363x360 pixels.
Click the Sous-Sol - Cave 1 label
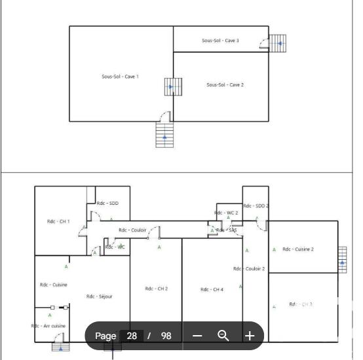(120, 77)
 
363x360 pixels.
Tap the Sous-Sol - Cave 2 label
(225, 85)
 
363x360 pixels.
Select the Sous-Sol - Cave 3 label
(220, 41)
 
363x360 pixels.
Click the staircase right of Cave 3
(278, 43)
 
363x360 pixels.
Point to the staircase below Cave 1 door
(164, 135)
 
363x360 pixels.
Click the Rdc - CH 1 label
(58, 222)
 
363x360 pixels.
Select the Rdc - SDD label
(107, 204)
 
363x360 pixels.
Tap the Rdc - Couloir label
(132, 230)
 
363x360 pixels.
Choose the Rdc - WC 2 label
(227, 213)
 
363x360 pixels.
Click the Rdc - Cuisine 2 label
(298, 249)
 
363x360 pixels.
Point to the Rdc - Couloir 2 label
(249, 269)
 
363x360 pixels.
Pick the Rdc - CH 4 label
(212, 289)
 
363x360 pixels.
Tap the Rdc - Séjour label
(100, 297)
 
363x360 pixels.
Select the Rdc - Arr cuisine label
(48, 326)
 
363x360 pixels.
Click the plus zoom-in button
(250, 336)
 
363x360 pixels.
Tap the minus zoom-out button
(197, 336)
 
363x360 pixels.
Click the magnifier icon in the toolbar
(223, 336)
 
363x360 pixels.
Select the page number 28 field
(132, 336)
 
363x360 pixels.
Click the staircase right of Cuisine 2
(342, 259)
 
